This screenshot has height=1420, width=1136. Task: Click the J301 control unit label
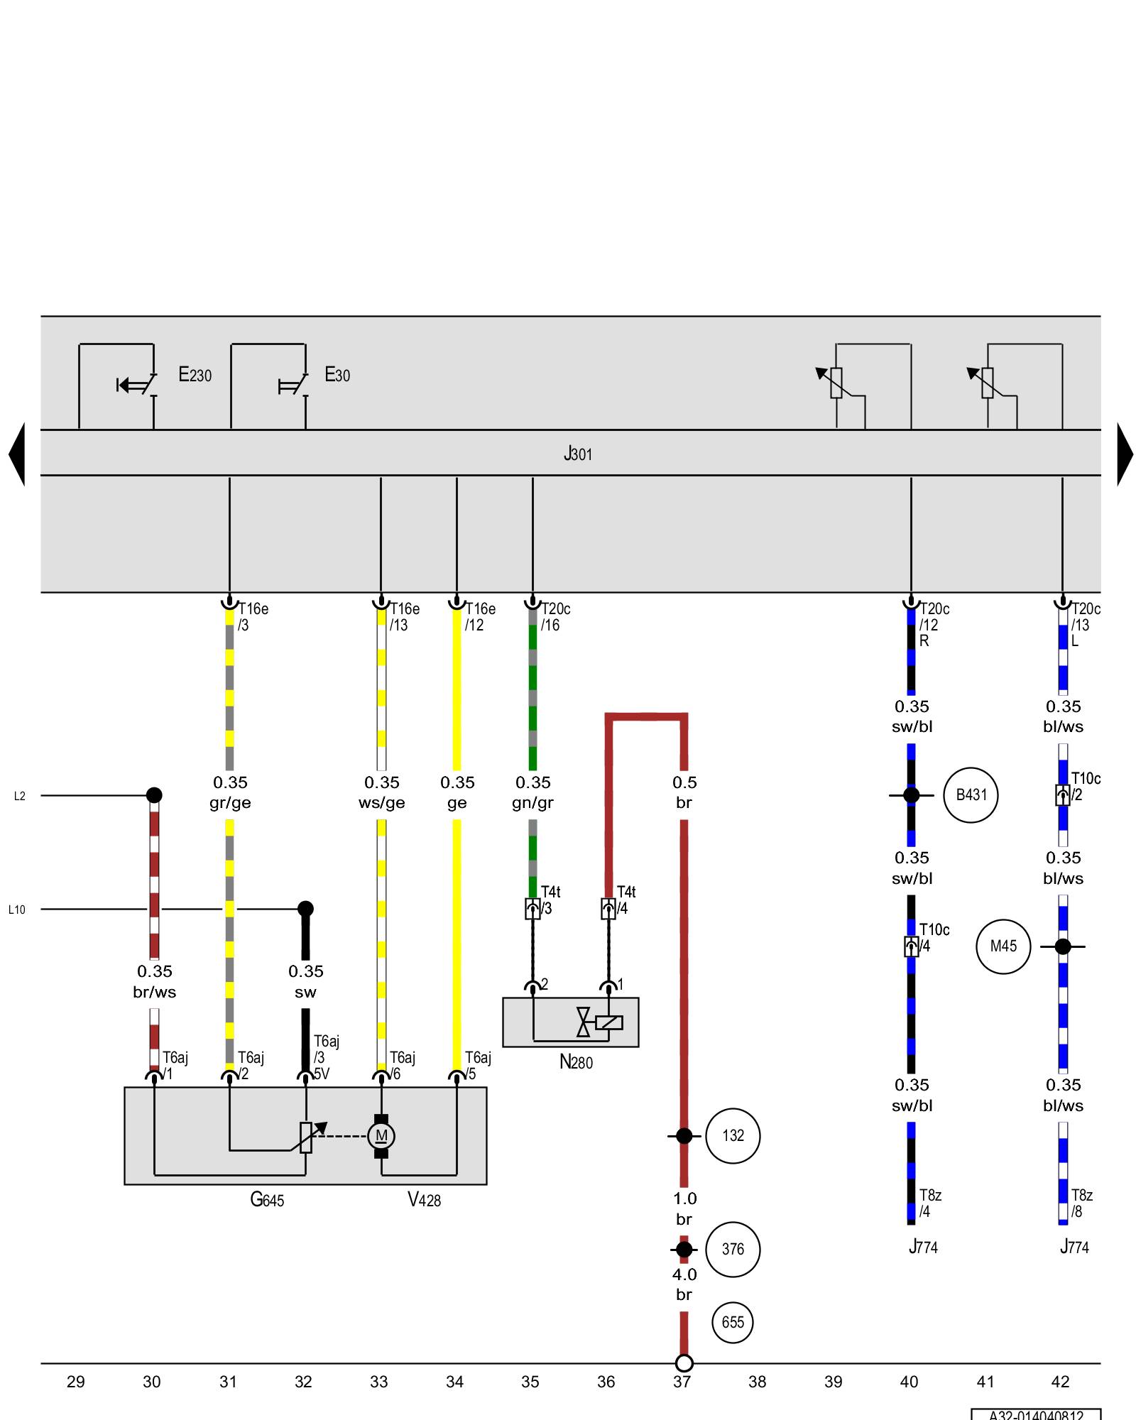click(x=577, y=454)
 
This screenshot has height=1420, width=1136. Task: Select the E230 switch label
click(x=195, y=375)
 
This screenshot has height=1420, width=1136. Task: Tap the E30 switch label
click(x=337, y=375)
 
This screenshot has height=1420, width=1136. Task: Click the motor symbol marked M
click(x=381, y=1136)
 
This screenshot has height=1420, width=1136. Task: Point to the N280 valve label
click(x=576, y=1062)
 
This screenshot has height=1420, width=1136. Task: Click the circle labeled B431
click(x=971, y=795)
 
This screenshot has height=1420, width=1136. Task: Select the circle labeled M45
click(x=1003, y=946)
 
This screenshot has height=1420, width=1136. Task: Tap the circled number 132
click(x=733, y=1136)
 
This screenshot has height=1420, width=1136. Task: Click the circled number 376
click(x=733, y=1250)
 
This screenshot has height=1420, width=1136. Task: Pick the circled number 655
click(x=733, y=1322)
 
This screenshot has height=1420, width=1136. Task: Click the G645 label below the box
click(x=267, y=1200)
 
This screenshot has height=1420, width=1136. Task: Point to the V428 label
click(x=424, y=1200)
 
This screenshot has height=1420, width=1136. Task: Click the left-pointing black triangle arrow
click(x=18, y=454)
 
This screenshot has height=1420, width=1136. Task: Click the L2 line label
click(x=20, y=796)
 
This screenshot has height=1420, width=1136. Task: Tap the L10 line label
click(x=17, y=910)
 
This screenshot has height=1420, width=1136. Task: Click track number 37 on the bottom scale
click(x=682, y=1382)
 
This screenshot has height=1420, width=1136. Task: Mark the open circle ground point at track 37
click(x=684, y=1363)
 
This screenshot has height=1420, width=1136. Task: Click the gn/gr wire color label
click(x=532, y=803)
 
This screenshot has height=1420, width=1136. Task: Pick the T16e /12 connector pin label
click(x=480, y=616)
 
